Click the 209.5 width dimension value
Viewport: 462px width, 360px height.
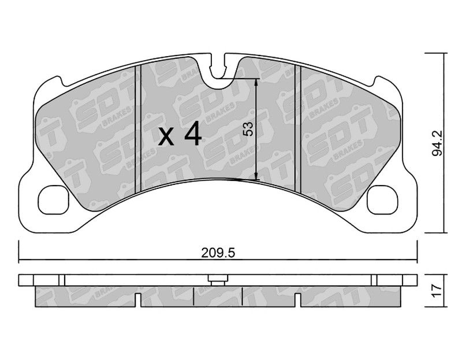pyautogui.click(x=218, y=253)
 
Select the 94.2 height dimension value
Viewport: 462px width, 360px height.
pyautogui.click(x=438, y=143)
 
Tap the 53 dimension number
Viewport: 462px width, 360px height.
pyautogui.click(x=248, y=129)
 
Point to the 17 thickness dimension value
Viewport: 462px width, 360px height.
pyautogui.click(x=438, y=291)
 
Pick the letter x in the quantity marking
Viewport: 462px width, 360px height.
pyautogui.click(x=166, y=138)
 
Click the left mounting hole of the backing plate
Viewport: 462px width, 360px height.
pyautogui.click(x=53, y=199)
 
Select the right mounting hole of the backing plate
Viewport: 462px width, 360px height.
pyautogui.click(x=382, y=199)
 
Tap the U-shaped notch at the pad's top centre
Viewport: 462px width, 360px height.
pyautogui.click(x=218, y=70)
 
